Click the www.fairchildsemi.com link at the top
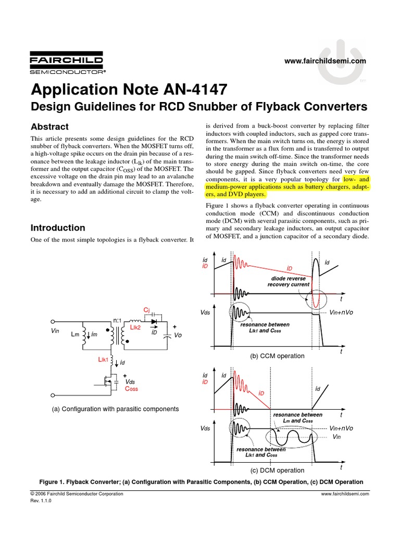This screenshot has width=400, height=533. [326, 61]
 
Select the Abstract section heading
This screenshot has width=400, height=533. [49, 127]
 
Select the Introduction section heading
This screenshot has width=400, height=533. [58, 228]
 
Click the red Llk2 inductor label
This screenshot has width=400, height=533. [135, 327]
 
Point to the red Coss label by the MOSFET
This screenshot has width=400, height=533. [131, 388]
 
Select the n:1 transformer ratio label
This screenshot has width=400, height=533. [117, 321]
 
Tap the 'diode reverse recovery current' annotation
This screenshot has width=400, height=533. [289, 282]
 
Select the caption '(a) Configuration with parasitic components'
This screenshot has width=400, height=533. [115, 409]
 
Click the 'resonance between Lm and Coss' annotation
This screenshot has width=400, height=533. [297, 417]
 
